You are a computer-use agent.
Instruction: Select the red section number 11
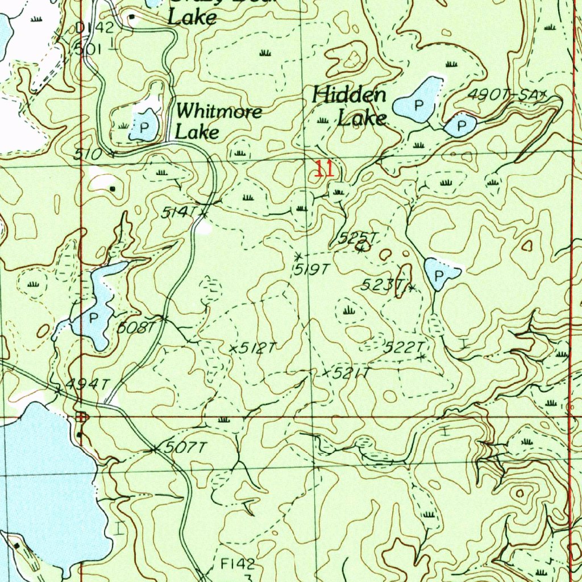[324, 169]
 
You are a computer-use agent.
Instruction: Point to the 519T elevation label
[311, 269]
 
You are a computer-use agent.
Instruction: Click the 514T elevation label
[178, 213]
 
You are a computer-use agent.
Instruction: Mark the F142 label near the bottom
[238, 564]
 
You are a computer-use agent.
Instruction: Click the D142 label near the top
[95, 27]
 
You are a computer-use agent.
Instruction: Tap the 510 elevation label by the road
[88, 154]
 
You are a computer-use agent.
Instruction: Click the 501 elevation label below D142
[89, 49]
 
